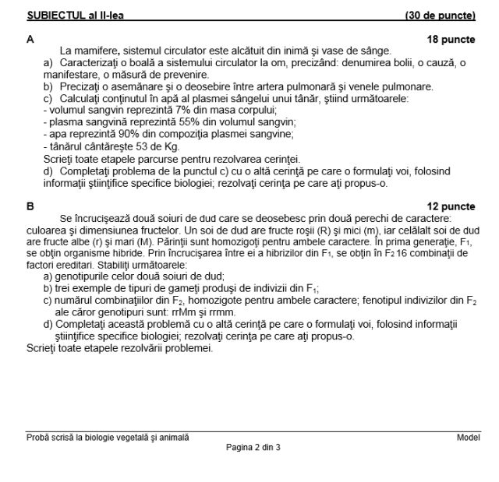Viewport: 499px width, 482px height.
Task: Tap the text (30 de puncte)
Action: click(440, 16)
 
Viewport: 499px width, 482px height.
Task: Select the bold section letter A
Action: click(30, 38)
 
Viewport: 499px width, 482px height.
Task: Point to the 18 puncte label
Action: click(451, 38)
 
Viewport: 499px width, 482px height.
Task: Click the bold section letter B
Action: click(30, 206)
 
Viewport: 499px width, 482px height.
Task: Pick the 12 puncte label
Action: click(451, 206)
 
